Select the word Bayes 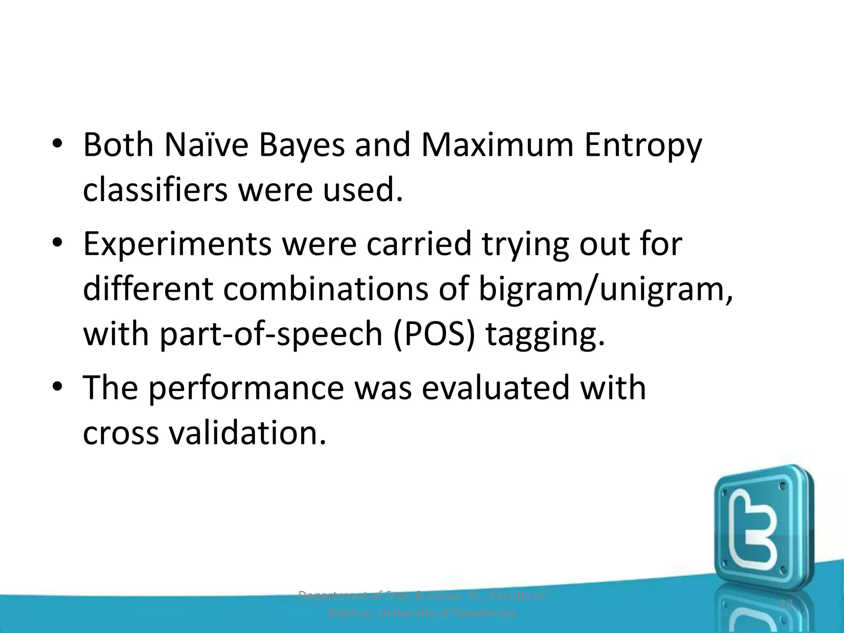click(x=301, y=146)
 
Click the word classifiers click(x=155, y=190)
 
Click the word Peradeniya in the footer click(x=484, y=613)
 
